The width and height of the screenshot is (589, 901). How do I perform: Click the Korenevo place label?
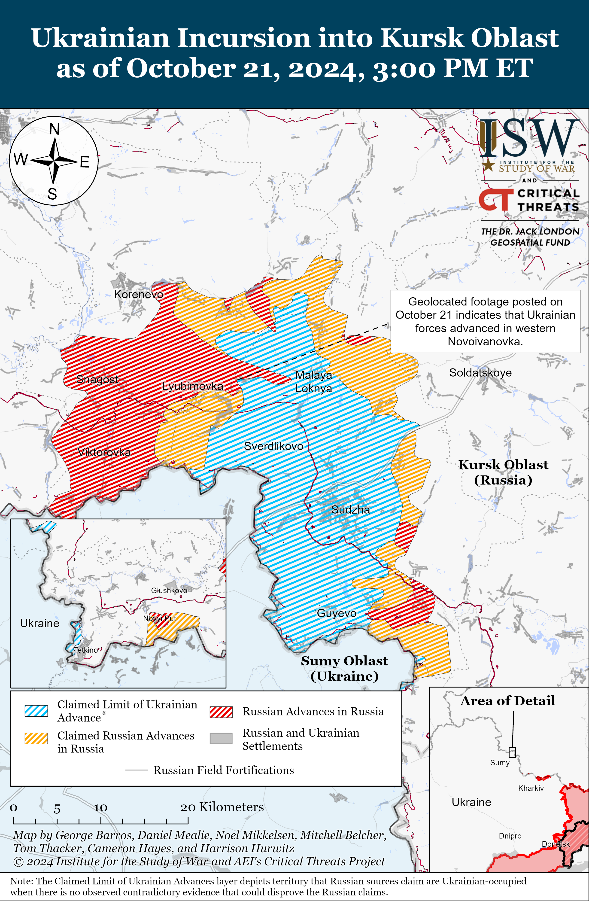[139, 294]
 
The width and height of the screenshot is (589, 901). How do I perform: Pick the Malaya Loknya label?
[313, 382]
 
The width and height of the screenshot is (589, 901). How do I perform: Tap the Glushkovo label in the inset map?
[169, 590]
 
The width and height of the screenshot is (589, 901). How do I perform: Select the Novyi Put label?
[159, 618]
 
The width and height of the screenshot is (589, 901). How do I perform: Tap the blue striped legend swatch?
[36, 711]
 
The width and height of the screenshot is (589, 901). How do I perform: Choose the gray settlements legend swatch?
[221, 738]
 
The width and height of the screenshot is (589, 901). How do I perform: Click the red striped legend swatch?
[221, 712]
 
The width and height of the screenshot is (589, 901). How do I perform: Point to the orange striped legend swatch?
[36, 738]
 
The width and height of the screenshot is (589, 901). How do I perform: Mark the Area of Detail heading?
[508, 700]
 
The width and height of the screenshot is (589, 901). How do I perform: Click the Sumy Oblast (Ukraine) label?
[344, 668]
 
